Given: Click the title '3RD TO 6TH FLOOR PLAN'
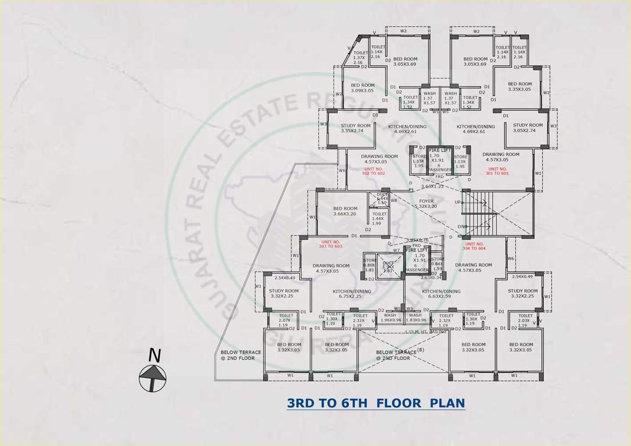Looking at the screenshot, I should click(x=376, y=402).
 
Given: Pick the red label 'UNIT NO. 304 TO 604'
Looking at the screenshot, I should click(x=474, y=246).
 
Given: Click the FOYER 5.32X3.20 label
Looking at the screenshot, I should click(x=426, y=204).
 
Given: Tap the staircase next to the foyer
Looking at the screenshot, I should click(x=480, y=212).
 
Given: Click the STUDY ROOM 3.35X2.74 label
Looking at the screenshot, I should click(x=356, y=128).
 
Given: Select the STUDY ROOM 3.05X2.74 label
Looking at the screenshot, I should click(x=528, y=128).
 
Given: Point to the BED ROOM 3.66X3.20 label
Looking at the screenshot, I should click(x=345, y=211).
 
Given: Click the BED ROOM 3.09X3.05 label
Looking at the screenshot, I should click(x=363, y=88).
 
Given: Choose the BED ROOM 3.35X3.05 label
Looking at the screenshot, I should click(x=519, y=87).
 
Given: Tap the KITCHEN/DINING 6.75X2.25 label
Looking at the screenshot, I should click(x=350, y=294).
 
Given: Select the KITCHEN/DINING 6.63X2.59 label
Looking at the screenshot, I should click(x=441, y=294).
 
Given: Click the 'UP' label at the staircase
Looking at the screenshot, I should click(x=457, y=202).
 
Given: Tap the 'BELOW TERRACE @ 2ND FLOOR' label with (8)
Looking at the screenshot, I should click(x=397, y=355).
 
